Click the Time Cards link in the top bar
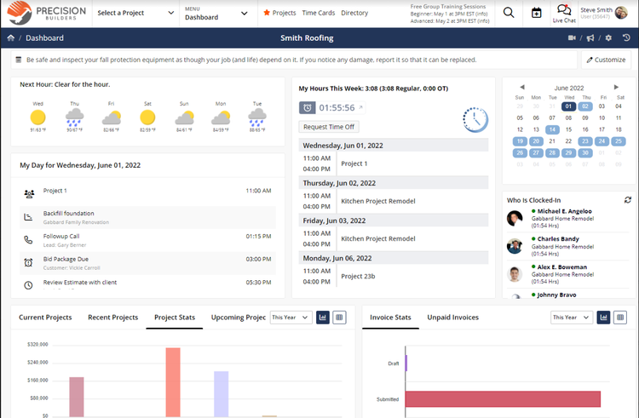pyautogui.click(x=319, y=13)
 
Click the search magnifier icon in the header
pyautogui.click(x=509, y=13)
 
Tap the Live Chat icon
pyautogui.click(x=564, y=12)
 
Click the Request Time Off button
pyautogui.click(x=329, y=126)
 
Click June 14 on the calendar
pyautogui.click(x=552, y=130)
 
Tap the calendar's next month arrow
pyautogui.click(x=616, y=87)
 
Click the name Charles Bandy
pyautogui.click(x=558, y=239)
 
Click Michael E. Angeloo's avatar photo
pyautogui.click(x=515, y=219)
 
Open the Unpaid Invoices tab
pyautogui.click(x=452, y=318)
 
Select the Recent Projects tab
pyautogui.click(x=112, y=318)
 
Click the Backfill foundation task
pyautogui.click(x=69, y=214)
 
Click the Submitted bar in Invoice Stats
pyautogui.click(x=503, y=398)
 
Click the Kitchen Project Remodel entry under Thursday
pyautogui.click(x=377, y=201)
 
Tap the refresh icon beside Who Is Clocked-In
pyautogui.click(x=628, y=199)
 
